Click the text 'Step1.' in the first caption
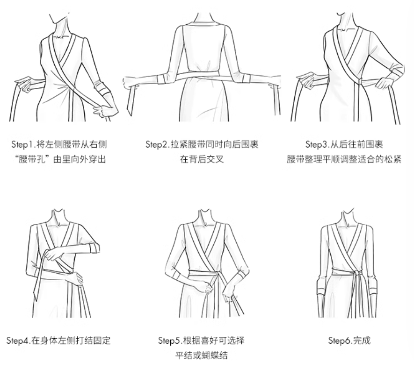[23, 144]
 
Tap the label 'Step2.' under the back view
[157, 144]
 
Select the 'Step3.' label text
[317, 144]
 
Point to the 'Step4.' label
[19, 340]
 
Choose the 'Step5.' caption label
[170, 340]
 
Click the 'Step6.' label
[341, 340]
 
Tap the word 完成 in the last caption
[362, 340]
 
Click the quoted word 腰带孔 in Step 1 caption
[31, 159]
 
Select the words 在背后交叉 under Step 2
[202, 159]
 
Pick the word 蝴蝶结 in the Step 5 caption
[214, 355]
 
